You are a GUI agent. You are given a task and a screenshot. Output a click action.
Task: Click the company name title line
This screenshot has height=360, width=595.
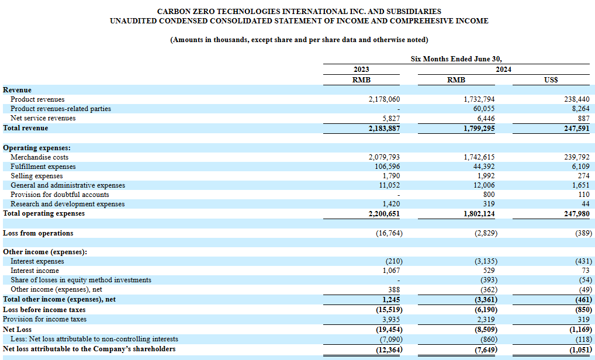[299, 11]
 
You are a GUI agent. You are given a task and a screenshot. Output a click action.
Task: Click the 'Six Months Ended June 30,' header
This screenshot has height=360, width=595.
[456, 59]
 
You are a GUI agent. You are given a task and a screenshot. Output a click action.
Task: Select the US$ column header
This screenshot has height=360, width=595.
[551, 80]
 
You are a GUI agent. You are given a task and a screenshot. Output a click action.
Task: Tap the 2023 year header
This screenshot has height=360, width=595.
[361, 70]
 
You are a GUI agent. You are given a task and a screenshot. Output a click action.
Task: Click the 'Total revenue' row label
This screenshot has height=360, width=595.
[25, 128]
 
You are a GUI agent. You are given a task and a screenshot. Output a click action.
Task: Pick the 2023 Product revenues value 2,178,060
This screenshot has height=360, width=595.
[384, 99]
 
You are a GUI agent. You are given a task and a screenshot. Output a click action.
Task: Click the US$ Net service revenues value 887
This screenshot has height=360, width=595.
[584, 119]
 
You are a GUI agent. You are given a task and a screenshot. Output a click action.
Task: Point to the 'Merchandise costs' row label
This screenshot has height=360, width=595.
[40, 157]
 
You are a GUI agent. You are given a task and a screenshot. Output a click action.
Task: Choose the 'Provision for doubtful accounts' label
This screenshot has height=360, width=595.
[60, 195]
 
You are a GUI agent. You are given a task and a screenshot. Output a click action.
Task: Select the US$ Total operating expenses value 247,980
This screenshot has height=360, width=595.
[577, 213]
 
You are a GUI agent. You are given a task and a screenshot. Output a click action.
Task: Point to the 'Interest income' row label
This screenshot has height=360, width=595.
[34, 271]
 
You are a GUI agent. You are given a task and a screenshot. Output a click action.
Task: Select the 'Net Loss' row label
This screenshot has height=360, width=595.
[17, 330]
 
